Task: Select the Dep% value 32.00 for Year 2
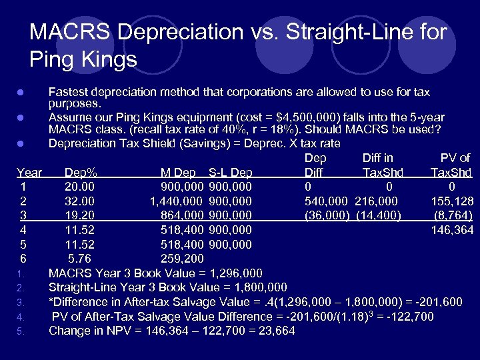(79, 201)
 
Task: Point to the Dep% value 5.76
(79, 259)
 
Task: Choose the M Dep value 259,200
(183, 259)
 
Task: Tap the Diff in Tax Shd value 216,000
(378, 201)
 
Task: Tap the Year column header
(30, 172)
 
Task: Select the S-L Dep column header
(231, 172)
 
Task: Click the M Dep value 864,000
(183, 215)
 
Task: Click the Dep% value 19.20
(79, 215)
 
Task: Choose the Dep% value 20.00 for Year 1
(79, 186)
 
